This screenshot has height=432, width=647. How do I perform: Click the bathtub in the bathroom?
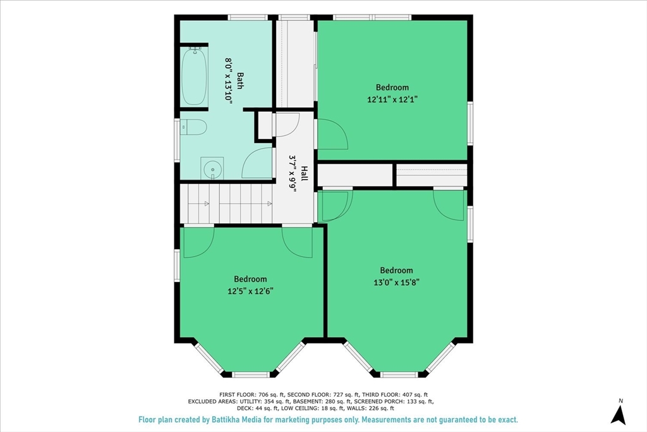coord(194,77)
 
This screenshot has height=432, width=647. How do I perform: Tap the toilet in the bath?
coord(193,127)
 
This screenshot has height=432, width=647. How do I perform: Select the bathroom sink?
coord(212,168)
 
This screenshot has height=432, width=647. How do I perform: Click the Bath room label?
coord(239,81)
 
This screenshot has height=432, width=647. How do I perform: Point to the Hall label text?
coord(304,173)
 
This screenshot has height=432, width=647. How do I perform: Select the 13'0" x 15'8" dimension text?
coord(397,283)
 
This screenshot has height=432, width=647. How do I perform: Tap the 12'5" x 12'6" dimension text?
coord(250,291)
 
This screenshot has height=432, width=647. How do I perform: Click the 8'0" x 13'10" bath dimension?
coord(228,80)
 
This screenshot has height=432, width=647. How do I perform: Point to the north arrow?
coord(618,413)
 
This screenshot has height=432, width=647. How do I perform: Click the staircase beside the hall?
coord(226,204)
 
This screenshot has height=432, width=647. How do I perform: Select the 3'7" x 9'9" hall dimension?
coord(293,174)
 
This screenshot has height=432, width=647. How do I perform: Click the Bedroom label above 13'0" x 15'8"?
coord(397,270)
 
